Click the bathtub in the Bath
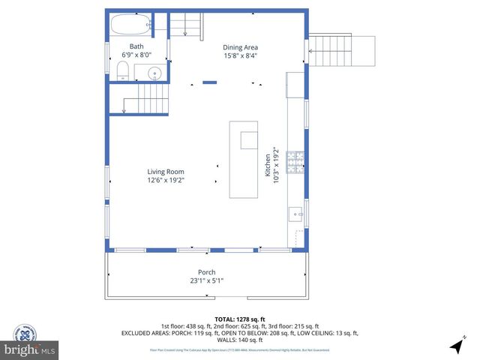[132, 24]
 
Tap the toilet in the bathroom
[124, 71]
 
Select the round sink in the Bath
[154, 73]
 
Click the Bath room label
[136, 46]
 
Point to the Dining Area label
[240, 46]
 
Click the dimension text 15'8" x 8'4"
[240, 55]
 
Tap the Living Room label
[166, 172]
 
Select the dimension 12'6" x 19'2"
[166, 180]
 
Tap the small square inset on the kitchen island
[248, 140]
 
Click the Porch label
[206, 272]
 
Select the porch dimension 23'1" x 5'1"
[206, 280]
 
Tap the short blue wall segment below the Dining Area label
[210, 82]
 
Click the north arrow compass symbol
[455, 346]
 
